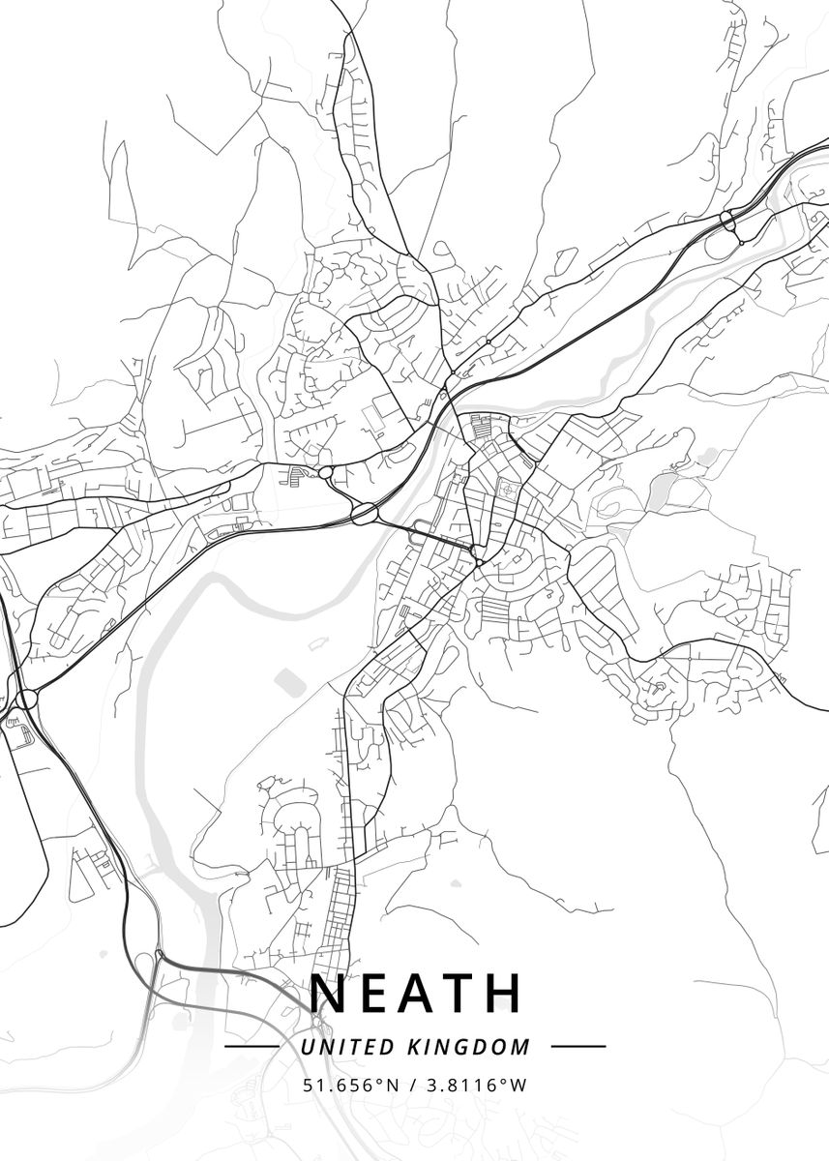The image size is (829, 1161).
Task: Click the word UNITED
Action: [x=334, y=1047]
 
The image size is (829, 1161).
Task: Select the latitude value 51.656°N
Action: [x=351, y=1086]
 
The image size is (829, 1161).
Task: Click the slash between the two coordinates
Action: [x=412, y=1086]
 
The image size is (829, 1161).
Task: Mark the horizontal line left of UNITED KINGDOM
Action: [x=251, y=1047]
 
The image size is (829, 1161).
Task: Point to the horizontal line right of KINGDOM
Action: [x=577, y=1047]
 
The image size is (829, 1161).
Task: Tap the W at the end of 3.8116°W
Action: [x=519, y=1086]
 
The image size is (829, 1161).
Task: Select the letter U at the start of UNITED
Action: [x=306, y=1047]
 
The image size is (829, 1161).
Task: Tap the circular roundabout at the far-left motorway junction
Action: [x=26, y=699]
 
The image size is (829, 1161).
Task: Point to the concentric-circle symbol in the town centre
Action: [x=506, y=490]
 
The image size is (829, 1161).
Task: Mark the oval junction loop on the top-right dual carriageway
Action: [x=728, y=222]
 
